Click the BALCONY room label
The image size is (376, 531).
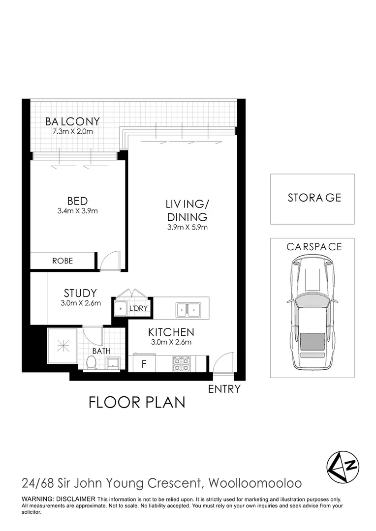[72, 121]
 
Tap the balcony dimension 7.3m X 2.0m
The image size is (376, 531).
[72, 132]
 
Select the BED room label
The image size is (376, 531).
[77, 201]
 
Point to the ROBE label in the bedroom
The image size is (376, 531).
[63, 261]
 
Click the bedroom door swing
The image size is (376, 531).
[109, 261]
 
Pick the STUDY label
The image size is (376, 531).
[80, 294]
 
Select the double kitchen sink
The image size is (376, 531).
[188, 309]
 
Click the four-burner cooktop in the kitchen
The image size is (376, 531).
[180, 364]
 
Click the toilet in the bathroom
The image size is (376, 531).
[91, 363]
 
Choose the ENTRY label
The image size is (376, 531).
[224, 389]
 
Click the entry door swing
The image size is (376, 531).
[222, 363]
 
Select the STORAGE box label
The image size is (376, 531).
[314, 198]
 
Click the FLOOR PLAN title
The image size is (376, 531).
[137, 402]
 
